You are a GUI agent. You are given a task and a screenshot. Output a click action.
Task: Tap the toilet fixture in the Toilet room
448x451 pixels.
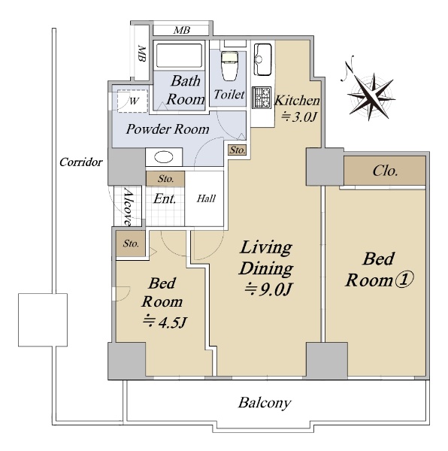coord(229,66)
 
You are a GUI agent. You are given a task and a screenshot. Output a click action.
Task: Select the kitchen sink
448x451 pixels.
coord(262,59)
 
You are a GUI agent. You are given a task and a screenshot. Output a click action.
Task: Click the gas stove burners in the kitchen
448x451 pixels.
coord(262,97)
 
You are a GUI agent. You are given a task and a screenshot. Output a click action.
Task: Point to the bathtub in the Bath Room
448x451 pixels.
coord(179,56)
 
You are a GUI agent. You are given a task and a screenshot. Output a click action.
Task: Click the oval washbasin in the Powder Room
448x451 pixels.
coord(164,157)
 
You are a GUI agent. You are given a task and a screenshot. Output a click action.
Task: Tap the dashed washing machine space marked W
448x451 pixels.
coord(132,101)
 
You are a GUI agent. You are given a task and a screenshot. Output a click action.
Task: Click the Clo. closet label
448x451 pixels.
coord(386,171)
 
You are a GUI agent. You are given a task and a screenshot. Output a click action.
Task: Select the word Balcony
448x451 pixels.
coord(265,403)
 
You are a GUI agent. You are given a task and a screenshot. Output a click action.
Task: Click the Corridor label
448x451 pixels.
coord(80,162)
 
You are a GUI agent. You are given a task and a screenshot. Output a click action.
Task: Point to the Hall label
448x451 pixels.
coord(206,198)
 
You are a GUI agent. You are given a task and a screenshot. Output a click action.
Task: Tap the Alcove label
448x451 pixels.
coord(128,207)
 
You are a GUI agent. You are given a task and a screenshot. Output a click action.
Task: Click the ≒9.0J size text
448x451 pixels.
coord(268,289)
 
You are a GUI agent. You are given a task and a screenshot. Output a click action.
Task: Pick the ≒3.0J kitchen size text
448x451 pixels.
coord(299,117)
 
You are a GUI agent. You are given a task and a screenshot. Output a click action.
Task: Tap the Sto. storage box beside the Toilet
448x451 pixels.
coord(238,150)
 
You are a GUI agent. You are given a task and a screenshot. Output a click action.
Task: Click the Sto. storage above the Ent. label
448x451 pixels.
coord(165,179)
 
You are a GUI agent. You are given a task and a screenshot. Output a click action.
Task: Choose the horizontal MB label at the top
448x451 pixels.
coord(182,30)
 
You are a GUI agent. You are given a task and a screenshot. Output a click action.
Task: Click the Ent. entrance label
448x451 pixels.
coord(165,198)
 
